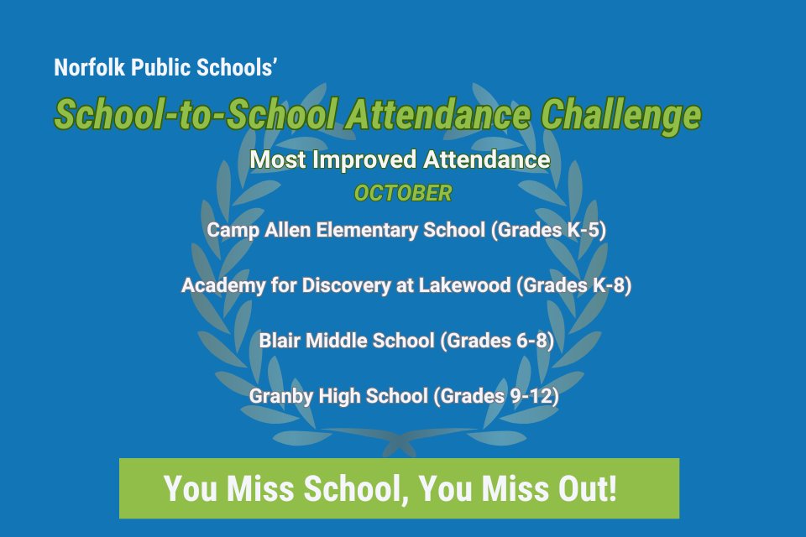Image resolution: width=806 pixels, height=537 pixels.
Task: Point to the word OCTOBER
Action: (x=402, y=194)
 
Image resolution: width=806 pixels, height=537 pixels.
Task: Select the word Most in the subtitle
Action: (x=278, y=159)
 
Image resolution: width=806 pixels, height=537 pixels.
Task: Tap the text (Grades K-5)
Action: (x=547, y=230)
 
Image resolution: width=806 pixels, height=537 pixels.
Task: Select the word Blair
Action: (x=280, y=341)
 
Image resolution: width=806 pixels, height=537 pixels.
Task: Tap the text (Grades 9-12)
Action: (x=496, y=396)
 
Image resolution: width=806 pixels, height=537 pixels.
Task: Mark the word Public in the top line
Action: (x=160, y=68)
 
